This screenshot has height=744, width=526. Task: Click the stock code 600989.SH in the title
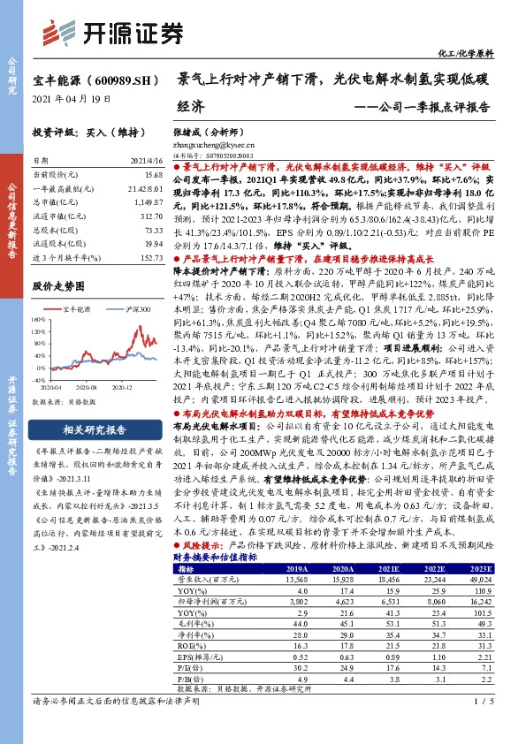(x=115, y=80)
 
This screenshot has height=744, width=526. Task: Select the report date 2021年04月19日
(x=72, y=99)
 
